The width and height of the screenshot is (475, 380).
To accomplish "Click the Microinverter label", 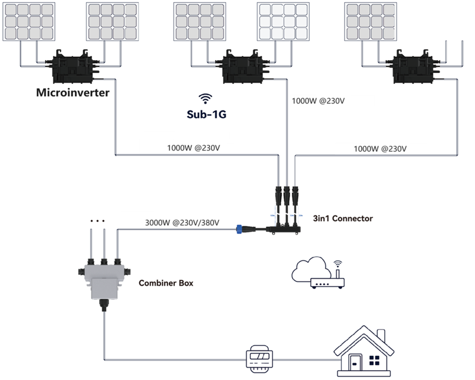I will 73,93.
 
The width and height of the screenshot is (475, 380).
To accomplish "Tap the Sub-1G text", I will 207,114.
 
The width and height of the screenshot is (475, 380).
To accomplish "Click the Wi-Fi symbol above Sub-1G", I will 206,98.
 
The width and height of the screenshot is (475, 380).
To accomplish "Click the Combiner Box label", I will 166,283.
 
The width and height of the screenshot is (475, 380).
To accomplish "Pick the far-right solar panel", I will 372,22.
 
